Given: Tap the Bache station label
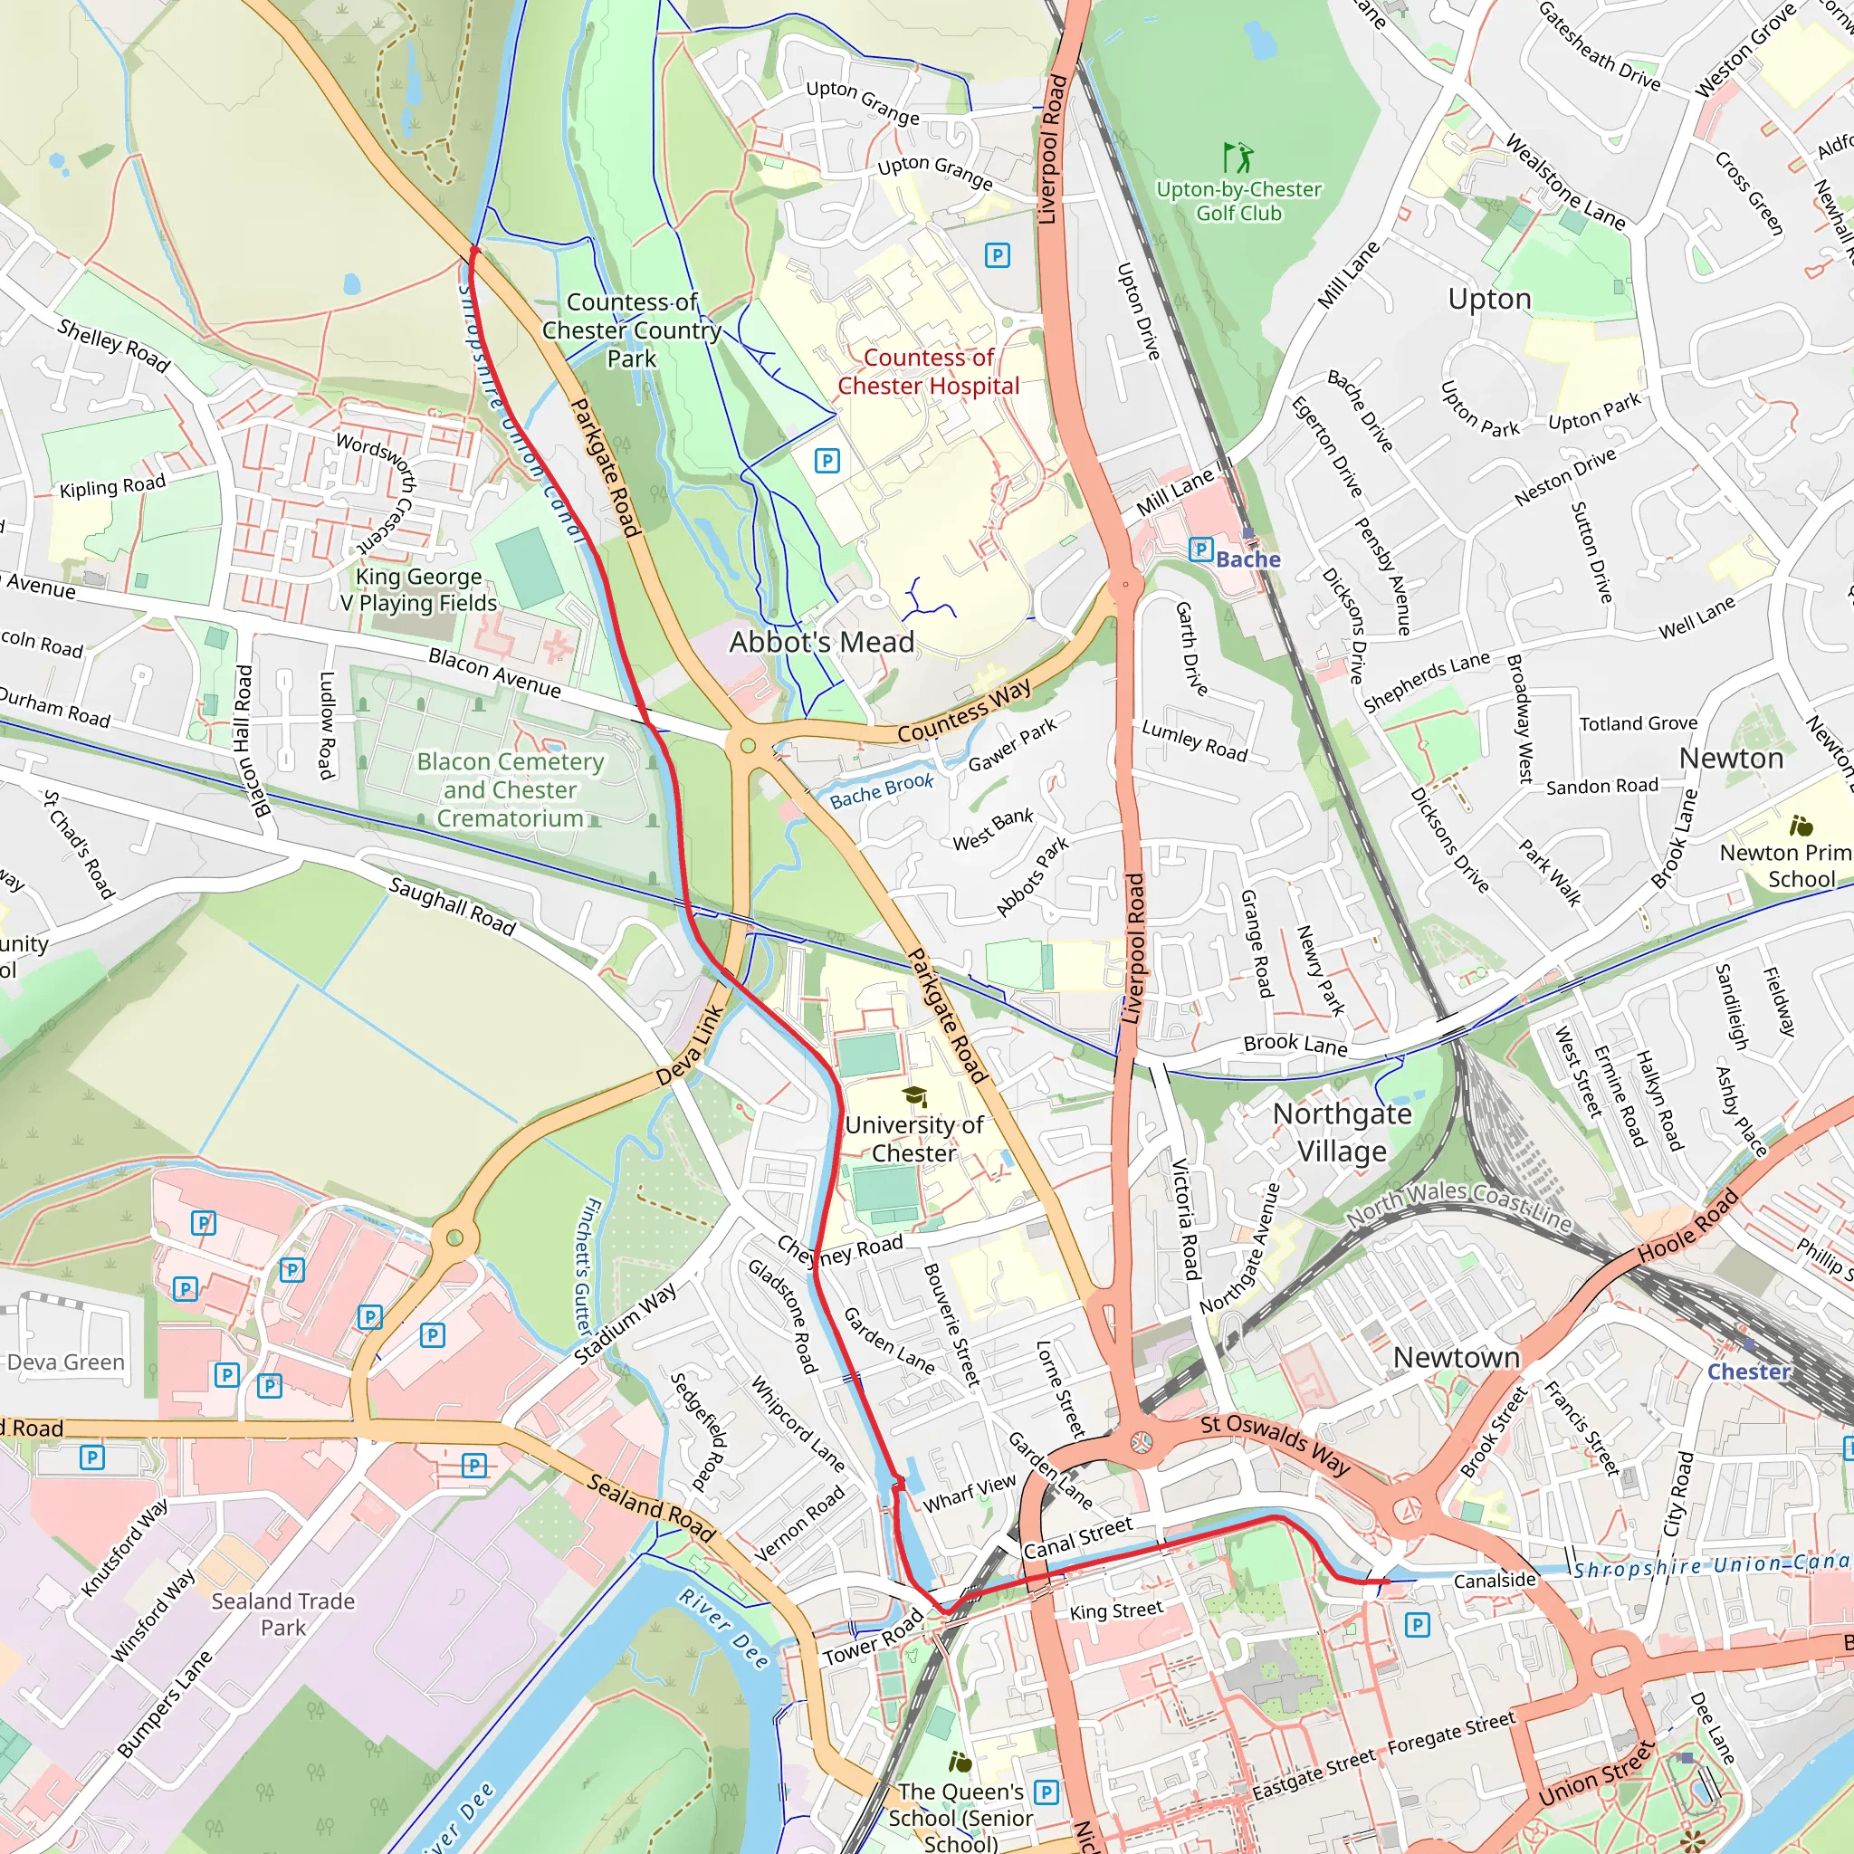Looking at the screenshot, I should point(1247,559).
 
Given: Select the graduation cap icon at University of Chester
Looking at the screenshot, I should point(914,1097).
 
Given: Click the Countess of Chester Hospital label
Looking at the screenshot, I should point(928,372).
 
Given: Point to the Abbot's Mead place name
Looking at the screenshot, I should point(821,642).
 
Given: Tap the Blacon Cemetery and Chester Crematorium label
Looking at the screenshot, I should point(510,789).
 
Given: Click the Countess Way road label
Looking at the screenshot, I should point(964,711).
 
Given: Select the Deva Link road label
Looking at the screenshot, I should point(690,1045).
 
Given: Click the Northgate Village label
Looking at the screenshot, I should point(1342,1132).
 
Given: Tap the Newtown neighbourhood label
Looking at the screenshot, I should point(1456,1358).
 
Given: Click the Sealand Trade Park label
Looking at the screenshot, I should point(283,1614).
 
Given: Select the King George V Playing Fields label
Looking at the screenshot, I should point(418,589).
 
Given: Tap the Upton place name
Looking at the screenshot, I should point(1489,300).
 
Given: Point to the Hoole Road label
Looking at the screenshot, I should point(1687,1227).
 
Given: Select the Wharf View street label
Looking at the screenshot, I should point(970,1493).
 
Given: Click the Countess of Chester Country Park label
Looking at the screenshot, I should point(632,330).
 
